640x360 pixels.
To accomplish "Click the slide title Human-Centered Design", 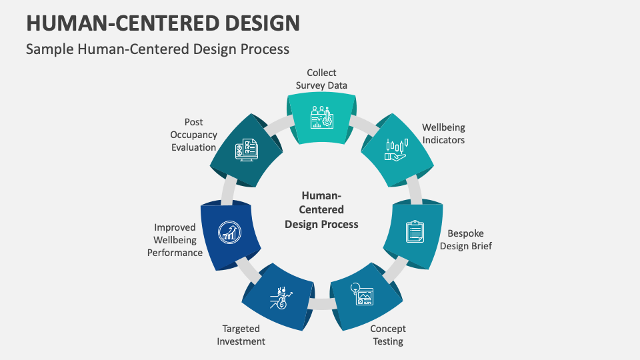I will tap(163, 22).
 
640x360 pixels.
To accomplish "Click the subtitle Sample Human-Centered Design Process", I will tap(157, 49).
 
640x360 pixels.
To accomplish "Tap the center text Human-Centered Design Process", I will tap(321, 210).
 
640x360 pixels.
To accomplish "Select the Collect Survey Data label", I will tap(321, 79).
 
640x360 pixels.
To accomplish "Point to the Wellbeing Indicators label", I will tap(443, 133).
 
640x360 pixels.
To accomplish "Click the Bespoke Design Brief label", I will tap(465, 240).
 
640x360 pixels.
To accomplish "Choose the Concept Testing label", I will tap(387, 335).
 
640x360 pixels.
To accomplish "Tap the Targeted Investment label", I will tap(241, 335).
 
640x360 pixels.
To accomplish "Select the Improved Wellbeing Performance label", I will tap(175, 240).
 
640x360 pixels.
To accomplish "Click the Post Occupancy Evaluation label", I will tap(193, 135).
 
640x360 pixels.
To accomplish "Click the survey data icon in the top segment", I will tap(321, 117).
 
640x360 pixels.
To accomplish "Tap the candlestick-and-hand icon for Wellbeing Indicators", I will tap(396, 149).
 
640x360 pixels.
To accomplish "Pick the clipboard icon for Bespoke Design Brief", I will tap(415, 231).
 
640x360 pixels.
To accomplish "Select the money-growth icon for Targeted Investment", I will tap(279, 297).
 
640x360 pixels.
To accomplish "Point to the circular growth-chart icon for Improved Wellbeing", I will tap(229, 231).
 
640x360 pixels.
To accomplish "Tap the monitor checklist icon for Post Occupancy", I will tap(246, 149).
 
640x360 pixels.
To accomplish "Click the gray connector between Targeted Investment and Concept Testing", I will tap(321, 304).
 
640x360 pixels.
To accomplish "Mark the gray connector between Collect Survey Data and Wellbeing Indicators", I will tap(362, 124).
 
